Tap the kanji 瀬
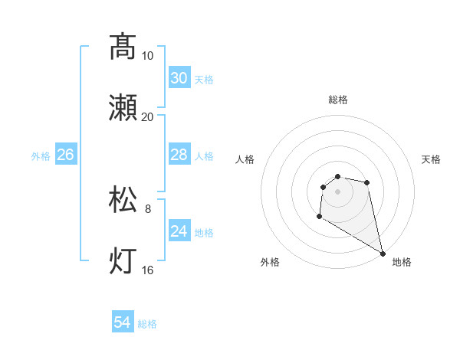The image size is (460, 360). (x=123, y=108)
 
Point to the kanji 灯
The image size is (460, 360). (x=123, y=261)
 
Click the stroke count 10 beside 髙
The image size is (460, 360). (x=148, y=55)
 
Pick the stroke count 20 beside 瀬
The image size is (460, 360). (x=148, y=117)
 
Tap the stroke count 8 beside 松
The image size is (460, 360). (x=148, y=208)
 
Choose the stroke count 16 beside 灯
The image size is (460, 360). (x=148, y=270)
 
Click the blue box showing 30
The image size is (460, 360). (x=179, y=78)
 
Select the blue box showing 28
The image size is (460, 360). (x=179, y=155)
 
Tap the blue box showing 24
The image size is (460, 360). (x=179, y=231)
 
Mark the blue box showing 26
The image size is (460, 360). (x=65, y=155)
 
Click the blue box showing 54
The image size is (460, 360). (x=123, y=322)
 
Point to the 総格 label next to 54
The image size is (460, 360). (x=147, y=324)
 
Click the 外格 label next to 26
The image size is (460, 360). (x=41, y=156)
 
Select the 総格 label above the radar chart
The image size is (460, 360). (x=338, y=100)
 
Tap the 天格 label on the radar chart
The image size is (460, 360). (x=431, y=159)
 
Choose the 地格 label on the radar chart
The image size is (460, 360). (x=402, y=262)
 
